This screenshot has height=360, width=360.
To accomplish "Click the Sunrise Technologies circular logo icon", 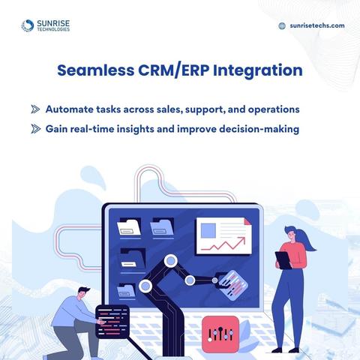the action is [28, 25].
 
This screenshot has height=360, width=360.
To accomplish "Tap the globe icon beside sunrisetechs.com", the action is [282, 25].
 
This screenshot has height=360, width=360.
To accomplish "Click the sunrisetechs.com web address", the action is [317, 25].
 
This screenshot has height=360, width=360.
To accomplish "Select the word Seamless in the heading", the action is [96, 70].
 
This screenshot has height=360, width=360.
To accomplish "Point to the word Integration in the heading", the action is [258, 70].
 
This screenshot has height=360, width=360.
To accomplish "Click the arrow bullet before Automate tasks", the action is [35, 109].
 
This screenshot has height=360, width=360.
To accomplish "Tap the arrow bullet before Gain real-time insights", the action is [35, 129].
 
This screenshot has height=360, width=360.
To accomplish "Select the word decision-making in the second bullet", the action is [259, 130].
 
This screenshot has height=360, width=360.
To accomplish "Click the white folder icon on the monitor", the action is [129, 227].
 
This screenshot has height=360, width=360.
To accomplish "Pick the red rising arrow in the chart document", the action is [223, 244].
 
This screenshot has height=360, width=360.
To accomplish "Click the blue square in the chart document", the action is [208, 230].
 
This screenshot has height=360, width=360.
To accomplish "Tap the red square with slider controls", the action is [220, 334].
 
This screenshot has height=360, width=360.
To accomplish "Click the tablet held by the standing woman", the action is [283, 260].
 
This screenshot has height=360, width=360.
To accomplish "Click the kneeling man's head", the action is [84, 293].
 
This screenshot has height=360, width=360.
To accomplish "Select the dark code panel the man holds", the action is [112, 322].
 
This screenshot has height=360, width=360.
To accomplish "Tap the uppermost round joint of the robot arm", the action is [171, 261].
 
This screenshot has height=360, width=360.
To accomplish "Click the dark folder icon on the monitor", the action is [133, 258].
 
